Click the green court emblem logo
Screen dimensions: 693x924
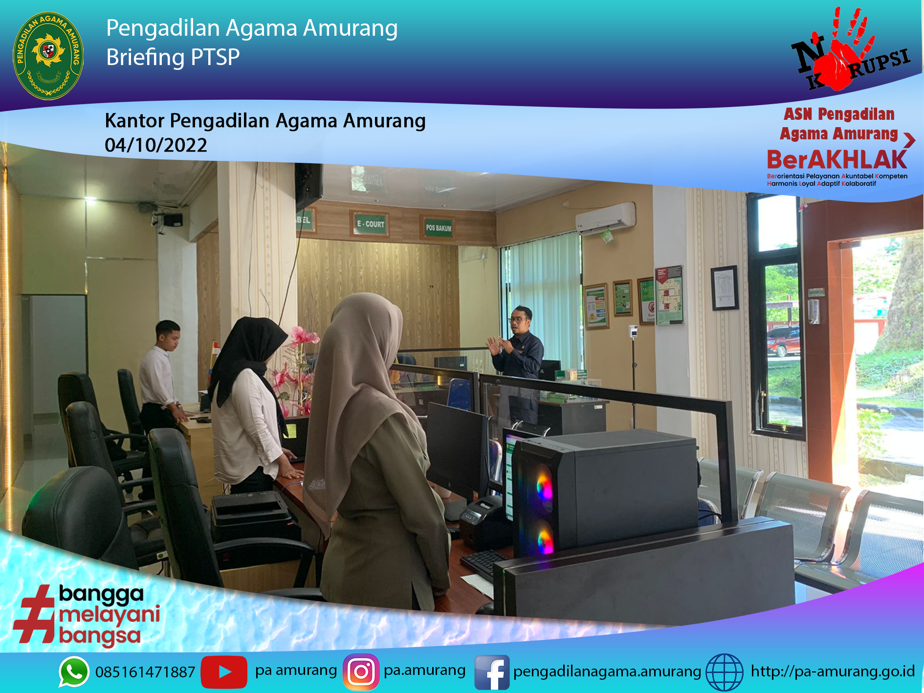(x=48, y=55)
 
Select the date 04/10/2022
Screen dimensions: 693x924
(x=156, y=145)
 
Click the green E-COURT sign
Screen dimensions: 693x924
(x=370, y=224)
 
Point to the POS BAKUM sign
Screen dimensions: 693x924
(x=438, y=228)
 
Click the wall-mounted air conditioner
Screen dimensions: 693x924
(x=606, y=218)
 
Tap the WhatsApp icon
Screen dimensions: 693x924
(x=74, y=671)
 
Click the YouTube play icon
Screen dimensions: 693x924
(x=224, y=671)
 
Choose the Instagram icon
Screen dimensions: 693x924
(x=361, y=671)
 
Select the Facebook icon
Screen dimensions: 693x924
(x=492, y=672)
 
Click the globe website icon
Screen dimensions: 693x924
(x=725, y=672)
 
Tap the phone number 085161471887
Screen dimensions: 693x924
(x=145, y=672)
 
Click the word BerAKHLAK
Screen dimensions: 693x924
(x=836, y=160)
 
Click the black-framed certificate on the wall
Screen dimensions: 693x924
(x=725, y=288)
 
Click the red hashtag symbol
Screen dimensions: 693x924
(x=34, y=614)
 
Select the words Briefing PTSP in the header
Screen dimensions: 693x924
(x=173, y=58)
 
